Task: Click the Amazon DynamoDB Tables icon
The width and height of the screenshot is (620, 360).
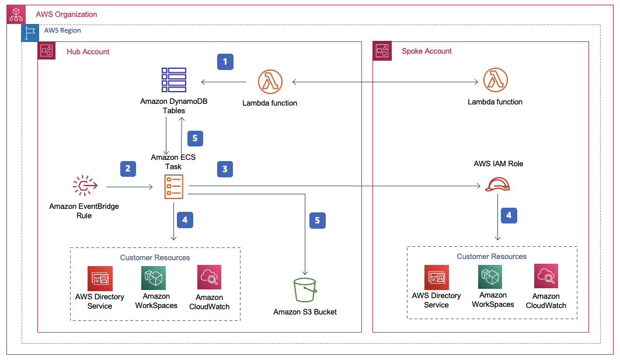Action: point(173,81)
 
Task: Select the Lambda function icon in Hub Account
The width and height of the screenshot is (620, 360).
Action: point(270,82)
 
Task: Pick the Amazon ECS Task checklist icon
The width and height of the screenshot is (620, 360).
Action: point(173,187)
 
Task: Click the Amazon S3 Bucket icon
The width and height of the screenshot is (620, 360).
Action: point(305,290)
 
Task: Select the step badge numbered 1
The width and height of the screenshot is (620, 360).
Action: point(225,61)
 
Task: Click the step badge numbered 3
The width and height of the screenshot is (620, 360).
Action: point(225,169)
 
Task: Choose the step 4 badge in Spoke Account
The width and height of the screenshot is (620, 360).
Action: point(508,215)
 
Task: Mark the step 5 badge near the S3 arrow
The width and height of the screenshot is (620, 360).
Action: point(317,220)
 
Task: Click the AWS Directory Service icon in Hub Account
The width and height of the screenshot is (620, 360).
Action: point(100,278)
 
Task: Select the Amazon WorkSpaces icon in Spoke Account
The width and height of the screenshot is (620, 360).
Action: point(490,277)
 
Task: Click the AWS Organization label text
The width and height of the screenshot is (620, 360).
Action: point(67,14)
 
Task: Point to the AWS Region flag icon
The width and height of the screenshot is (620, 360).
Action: point(30,33)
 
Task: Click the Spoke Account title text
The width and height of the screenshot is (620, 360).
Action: point(427,51)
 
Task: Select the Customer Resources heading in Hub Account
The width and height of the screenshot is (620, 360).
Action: point(155,257)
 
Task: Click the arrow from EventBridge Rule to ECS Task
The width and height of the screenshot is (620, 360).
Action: point(130,188)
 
